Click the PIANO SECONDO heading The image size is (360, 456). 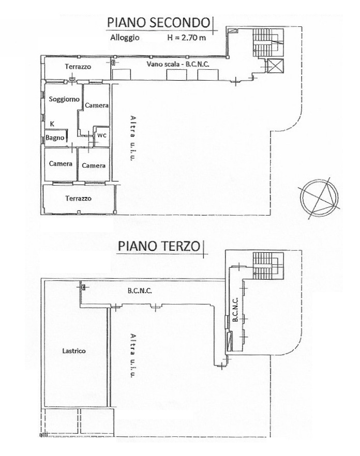159,23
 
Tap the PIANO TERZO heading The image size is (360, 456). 159,246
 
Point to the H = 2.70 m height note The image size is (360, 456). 187,38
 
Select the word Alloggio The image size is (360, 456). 125,38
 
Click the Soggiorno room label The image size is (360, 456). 64,99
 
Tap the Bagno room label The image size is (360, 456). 55,138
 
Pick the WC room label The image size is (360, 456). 102,135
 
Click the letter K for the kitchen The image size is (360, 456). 52,124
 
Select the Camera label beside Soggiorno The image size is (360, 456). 97,105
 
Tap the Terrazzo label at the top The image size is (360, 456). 78,67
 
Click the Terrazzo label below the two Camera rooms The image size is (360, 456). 78,199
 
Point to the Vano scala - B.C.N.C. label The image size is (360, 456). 177,64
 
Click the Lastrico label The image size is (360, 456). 74,351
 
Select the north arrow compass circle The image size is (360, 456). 320,197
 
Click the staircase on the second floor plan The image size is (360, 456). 268,42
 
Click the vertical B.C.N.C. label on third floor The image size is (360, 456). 235,309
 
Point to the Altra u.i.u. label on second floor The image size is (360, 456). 133,138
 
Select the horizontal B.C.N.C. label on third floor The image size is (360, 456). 140,291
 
